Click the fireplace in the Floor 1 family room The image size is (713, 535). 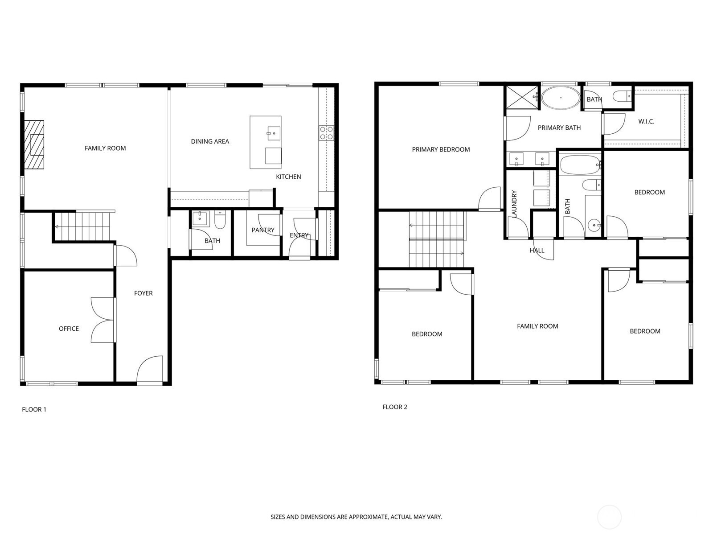[x=34, y=145]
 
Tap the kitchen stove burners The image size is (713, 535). [x=326, y=133]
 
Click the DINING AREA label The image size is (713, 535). [x=210, y=141]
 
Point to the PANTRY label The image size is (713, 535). [x=263, y=230]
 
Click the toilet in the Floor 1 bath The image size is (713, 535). [x=220, y=219]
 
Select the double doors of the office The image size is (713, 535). [x=102, y=320]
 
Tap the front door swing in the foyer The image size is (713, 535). [x=149, y=369]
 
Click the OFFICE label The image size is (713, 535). [x=69, y=329]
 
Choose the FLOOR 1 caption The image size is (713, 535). [x=34, y=410]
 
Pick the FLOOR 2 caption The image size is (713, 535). [x=395, y=407]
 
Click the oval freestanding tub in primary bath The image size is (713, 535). [x=560, y=98]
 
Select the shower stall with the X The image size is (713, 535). [x=521, y=96]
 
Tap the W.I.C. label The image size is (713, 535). [x=646, y=121]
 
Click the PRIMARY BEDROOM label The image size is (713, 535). [x=441, y=149]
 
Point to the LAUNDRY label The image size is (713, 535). [x=514, y=204]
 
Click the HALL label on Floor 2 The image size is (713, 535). [x=537, y=251]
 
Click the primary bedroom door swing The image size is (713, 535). [x=489, y=199]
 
